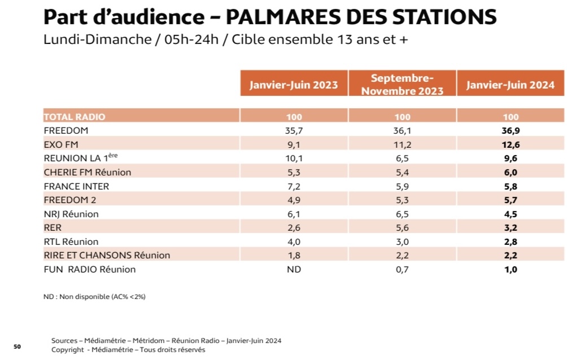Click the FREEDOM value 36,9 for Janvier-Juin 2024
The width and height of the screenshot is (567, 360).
[511, 131]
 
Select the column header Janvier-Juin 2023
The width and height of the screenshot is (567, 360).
[294, 85]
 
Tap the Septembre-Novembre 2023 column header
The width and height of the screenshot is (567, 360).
[402, 85]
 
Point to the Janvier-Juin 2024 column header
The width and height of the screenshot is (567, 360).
[511, 85]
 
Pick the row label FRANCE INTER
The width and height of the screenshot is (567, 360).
[76, 186]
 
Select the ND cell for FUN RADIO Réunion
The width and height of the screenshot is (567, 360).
[294, 270]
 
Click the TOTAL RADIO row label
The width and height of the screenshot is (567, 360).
[75, 117]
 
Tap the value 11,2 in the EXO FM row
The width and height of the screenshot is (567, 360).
[402, 144]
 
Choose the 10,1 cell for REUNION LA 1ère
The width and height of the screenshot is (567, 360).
[294, 159]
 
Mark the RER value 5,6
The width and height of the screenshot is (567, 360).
[402, 228]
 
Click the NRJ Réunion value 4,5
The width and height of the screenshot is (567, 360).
[511, 214]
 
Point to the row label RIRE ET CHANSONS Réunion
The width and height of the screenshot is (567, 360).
[107, 256]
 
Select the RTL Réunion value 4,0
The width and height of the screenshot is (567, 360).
[294, 242]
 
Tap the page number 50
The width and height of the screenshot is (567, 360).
[17, 346]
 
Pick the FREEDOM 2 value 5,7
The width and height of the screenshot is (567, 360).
[511, 200]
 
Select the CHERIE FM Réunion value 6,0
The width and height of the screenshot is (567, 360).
[511, 172]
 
